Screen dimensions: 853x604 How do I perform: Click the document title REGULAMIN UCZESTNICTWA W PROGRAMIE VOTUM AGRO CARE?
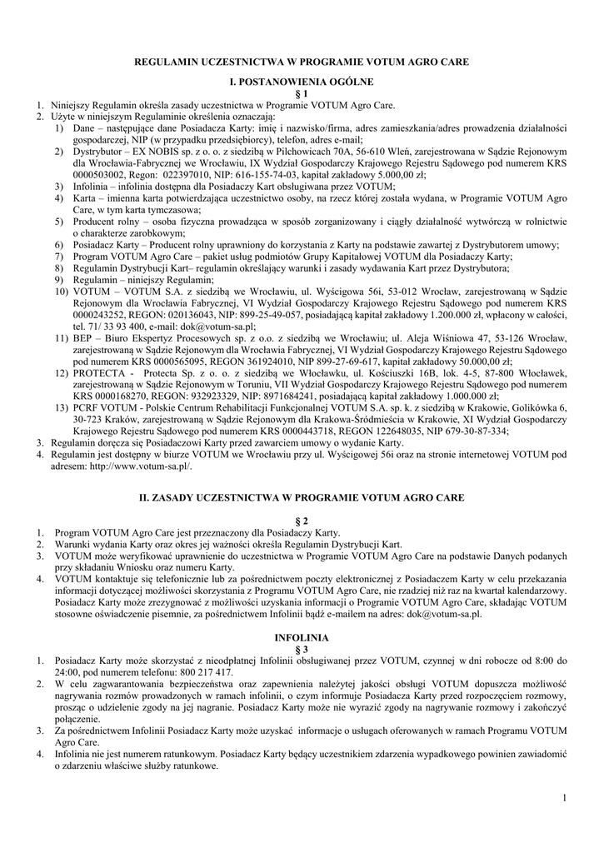click(x=302, y=62)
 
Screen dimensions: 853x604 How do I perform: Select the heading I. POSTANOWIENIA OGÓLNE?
click(x=302, y=82)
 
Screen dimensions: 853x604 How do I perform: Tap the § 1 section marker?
click(x=302, y=93)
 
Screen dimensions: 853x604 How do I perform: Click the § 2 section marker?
click(x=302, y=521)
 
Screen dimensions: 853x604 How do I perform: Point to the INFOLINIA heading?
click(x=302, y=637)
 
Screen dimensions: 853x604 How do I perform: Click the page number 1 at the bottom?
click(x=564, y=800)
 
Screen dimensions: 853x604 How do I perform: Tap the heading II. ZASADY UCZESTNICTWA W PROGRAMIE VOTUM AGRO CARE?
click(x=302, y=496)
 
